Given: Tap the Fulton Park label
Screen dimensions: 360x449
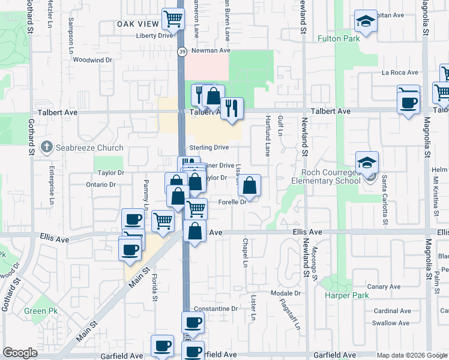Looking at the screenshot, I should [339, 38].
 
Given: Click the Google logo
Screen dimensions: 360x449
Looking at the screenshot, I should [19, 353].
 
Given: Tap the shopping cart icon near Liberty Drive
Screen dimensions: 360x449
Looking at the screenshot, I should [173, 19].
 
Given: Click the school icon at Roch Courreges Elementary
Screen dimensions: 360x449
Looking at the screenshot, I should [367, 163].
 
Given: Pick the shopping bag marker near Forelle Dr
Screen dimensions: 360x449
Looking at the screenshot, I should [249, 186].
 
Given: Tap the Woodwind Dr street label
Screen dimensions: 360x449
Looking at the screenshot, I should [92, 60].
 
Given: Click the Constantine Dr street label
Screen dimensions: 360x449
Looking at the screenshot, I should [216, 308].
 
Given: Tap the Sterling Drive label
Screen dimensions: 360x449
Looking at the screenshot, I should [209, 147].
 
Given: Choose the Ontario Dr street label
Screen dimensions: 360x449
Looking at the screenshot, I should [100, 184].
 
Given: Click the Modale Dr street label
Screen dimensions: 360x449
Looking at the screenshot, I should [285, 293].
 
